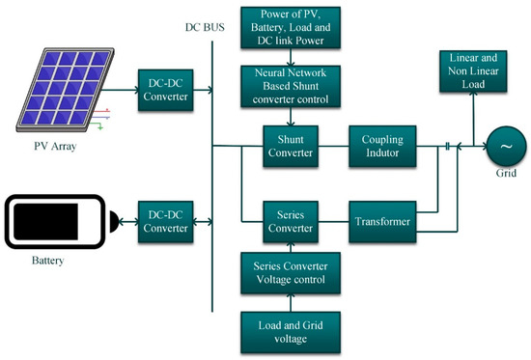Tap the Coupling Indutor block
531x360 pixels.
point(382,147)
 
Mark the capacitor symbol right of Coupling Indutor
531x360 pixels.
point(447,147)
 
